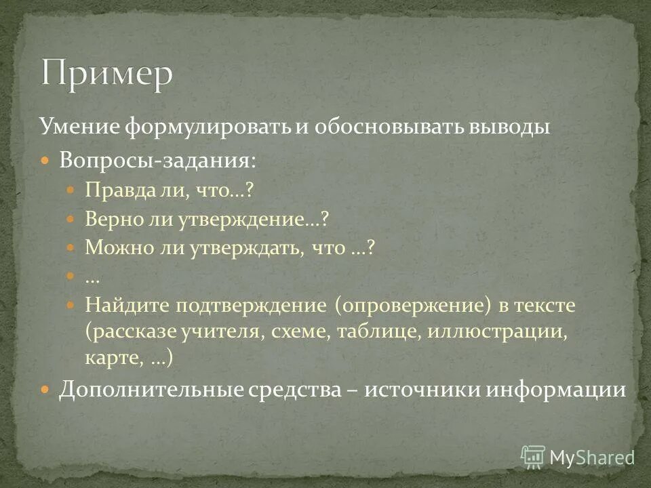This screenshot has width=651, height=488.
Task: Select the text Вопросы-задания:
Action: tap(157, 162)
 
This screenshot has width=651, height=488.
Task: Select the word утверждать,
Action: tap(245, 248)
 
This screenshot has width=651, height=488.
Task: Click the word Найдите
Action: tap(127, 305)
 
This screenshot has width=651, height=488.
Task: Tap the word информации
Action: tap(568, 390)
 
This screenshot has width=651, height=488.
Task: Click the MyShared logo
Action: tap(578, 456)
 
